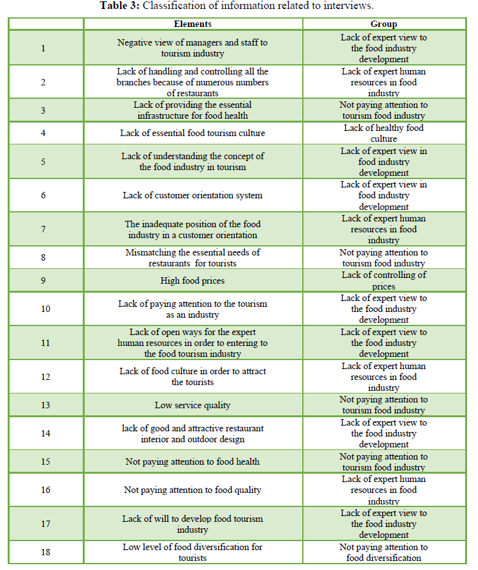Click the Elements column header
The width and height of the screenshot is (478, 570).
pos(192,24)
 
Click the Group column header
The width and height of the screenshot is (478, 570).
pos(384,24)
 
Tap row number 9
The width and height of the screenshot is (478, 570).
pos(44,281)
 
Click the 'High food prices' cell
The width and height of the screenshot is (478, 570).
pos(192,281)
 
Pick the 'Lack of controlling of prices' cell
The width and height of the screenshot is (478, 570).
pos(384,281)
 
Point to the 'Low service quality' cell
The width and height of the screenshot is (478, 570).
pos(192,405)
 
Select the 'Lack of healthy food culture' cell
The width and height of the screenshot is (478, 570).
pos(384,133)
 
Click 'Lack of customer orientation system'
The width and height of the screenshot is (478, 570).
pos(192,195)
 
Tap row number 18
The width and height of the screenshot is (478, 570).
pos(44,552)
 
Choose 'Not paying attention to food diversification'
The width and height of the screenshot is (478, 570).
pos(384,552)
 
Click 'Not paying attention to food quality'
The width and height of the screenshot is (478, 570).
pos(192,490)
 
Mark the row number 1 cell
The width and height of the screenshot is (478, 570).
pos(44,48)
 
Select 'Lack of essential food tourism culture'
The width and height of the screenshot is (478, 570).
pos(192,133)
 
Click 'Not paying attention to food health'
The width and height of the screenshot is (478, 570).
pos(192,462)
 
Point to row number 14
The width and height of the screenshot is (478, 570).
pos(44,433)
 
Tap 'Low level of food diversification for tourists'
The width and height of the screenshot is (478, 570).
pos(192,552)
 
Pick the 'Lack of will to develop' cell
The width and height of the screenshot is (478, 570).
pos(192,524)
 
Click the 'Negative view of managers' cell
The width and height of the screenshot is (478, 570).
pos(192,48)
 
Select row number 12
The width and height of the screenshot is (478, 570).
pos(44,377)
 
